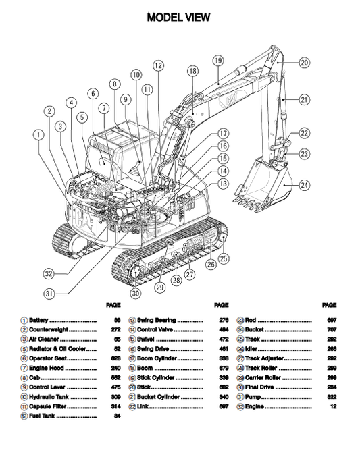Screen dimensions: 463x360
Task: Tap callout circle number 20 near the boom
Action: (x=305, y=62)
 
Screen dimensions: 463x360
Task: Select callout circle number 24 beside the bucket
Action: (x=305, y=184)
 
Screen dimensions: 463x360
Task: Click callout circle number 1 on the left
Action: (x=38, y=134)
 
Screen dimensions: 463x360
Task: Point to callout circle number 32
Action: (x=49, y=274)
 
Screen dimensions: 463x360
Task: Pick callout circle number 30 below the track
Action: (x=136, y=294)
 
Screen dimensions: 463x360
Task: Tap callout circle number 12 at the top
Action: (x=158, y=65)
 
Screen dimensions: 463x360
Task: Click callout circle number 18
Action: (x=192, y=71)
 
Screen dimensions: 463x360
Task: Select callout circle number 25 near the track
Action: (x=224, y=258)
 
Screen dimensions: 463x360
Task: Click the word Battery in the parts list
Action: (x=38, y=320)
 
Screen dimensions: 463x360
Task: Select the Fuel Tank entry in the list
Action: (x=42, y=417)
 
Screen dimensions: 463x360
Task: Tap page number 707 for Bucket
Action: (x=331, y=329)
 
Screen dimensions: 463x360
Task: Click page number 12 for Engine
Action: (x=332, y=408)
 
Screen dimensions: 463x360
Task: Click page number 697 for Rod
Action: (x=331, y=320)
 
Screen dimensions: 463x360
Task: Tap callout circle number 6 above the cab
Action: (x=93, y=94)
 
